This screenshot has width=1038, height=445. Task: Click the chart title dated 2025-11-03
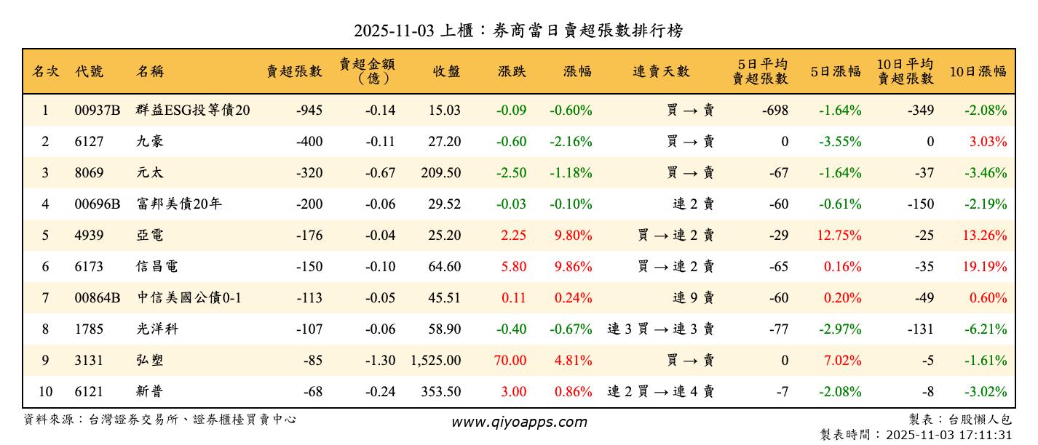pyautogui.click(x=518, y=31)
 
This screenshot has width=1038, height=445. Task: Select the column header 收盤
pyautogui.click(x=446, y=71)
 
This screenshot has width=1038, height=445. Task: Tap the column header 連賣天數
pyautogui.click(x=660, y=71)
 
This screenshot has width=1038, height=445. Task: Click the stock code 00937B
pyautogui.click(x=97, y=111)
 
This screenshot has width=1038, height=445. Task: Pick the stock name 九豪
pyautogui.click(x=150, y=142)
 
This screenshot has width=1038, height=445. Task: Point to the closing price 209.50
pyautogui.click(x=440, y=173)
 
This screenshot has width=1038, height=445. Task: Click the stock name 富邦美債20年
pyautogui.click(x=178, y=204)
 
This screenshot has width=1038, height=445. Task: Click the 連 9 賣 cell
pyautogui.click(x=693, y=298)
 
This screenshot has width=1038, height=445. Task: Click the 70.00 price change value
pyautogui.click(x=510, y=361)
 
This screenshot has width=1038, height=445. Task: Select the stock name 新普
pyautogui.click(x=150, y=392)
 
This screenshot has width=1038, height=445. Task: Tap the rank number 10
pyautogui.click(x=45, y=392)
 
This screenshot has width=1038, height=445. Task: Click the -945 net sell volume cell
pyautogui.click(x=309, y=111)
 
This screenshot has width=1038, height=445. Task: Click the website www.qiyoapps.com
pyautogui.click(x=518, y=422)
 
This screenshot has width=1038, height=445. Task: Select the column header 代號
pyautogui.click(x=89, y=71)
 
